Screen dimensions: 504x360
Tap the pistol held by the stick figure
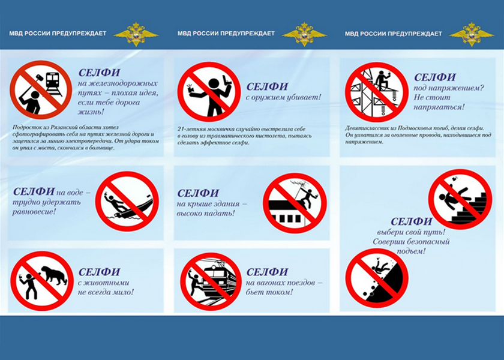[x=228, y=81]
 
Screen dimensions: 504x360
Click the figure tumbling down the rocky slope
[x=379, y=266]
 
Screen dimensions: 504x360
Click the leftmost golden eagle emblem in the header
[x=136, y=34]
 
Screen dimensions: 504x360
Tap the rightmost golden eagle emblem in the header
[x=471, y=34]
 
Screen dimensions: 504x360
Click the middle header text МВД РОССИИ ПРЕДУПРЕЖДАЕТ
[x=226, y=33]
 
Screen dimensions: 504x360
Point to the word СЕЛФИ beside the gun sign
[x=267, y=86]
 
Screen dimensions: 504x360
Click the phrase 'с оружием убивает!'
[x=283, y=97]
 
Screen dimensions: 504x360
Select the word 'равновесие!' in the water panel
[x=34, y=211]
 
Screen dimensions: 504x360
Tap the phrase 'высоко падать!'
[x=206, y=213]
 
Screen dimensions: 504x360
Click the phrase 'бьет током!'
[x=269, y=292]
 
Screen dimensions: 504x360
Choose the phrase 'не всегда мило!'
[x=106, y=292]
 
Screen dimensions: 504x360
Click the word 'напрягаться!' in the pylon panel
[x=439, y=107]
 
